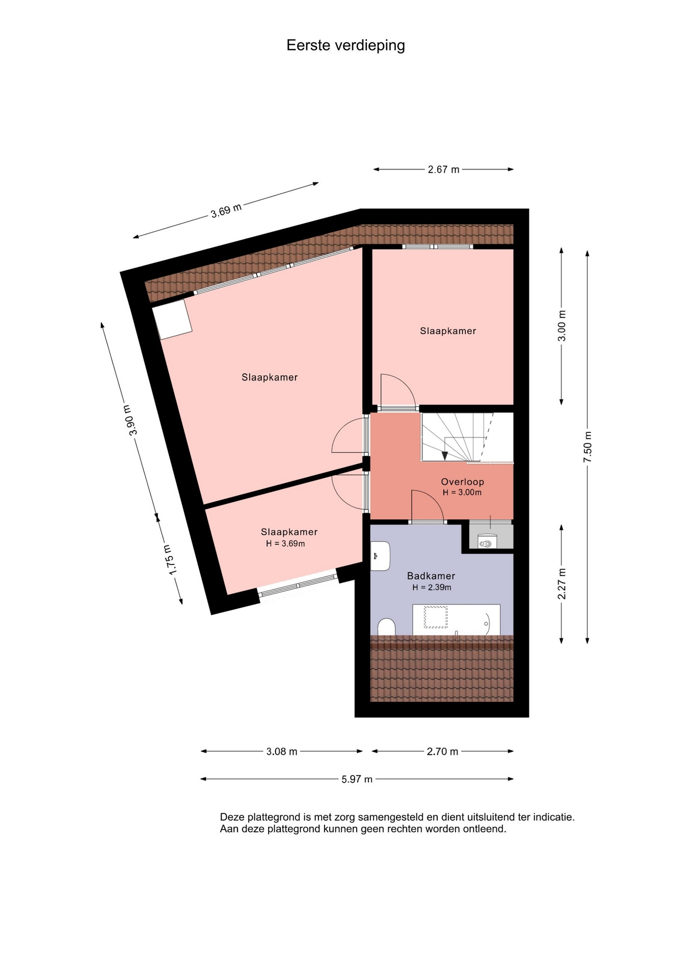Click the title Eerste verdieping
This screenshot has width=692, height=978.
pyautogui.click(x=345, y=46)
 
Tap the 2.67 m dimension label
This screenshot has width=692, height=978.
pyautogui.click(x=443, y=170)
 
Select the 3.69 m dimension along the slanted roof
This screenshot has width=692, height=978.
pyautogui.click(x=226, y=210)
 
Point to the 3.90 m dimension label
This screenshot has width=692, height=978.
pyautogui.click(x=130, y=420)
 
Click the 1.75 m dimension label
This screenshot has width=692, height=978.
pyautogui.click(x=170, y=560)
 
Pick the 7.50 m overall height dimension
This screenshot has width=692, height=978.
pyautogui.click(x=588, y=447)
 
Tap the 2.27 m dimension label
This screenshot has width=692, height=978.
pyautogui.click(x=562, y=584)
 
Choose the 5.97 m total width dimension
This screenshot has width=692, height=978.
pyautogui.click(x=357, y=779)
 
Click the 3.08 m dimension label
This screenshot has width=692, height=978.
pyautogui.click(x=282, y=751)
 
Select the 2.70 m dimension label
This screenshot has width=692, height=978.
pyautogui.click(x=442, y=751)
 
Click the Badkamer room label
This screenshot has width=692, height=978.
pyautogui.click(x=431, y=576)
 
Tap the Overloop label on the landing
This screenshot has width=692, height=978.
pyautogui.click(x=463, y=482)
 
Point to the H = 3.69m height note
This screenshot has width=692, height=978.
pyautogui.click(x=285, y=544)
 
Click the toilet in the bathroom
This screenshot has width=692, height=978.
pyautogui.click(x=387, y=627)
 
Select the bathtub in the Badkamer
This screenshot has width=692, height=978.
pyautogui.click(x=456, y=619)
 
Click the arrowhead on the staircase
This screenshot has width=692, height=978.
pyautogui.click(x=445, y=455)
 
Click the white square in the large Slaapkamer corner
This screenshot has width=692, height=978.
pyautogui.click(x=172, y=319)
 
